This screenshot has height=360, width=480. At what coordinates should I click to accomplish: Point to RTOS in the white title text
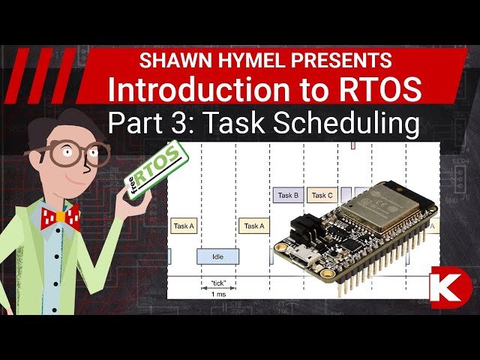pyautogui.click(x=379, y=89)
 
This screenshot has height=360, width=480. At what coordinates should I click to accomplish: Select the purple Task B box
pyautogui.click(x=288, y=196)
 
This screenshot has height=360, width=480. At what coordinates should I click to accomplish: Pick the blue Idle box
pyautogui.click(x=218, y=256)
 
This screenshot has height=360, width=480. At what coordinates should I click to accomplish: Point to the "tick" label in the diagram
pyautogui.click(x=218, y=283)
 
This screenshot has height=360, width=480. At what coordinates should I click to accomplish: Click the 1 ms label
pyautogui.click(x=218, y=295)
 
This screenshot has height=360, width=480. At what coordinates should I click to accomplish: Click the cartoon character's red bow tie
pyautogui.click(x=60, y=218)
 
